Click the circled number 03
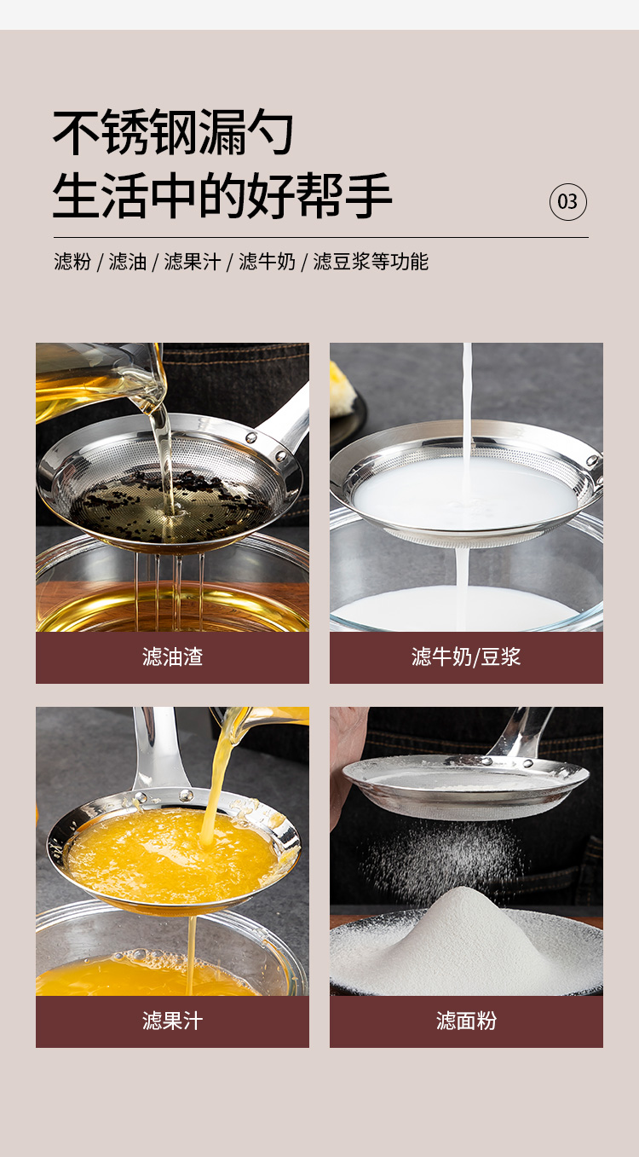[x=567, y=202]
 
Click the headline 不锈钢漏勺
[x=174, y=132]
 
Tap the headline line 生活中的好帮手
[x=222, y=196]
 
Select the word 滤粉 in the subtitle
[x=72, y=262]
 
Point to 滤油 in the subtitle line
[x=128, y=262]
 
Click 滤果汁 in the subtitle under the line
[x=193, y=262]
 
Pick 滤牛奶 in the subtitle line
[x=267, y=262]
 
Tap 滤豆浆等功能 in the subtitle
[x=371, y=262]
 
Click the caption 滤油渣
[x=172, y=657]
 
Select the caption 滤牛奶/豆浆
[x=466, y=657]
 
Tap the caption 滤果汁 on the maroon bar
[x=172, y=1021]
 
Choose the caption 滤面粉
[x=466, y=1021]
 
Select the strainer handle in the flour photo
[x=521, y=732]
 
